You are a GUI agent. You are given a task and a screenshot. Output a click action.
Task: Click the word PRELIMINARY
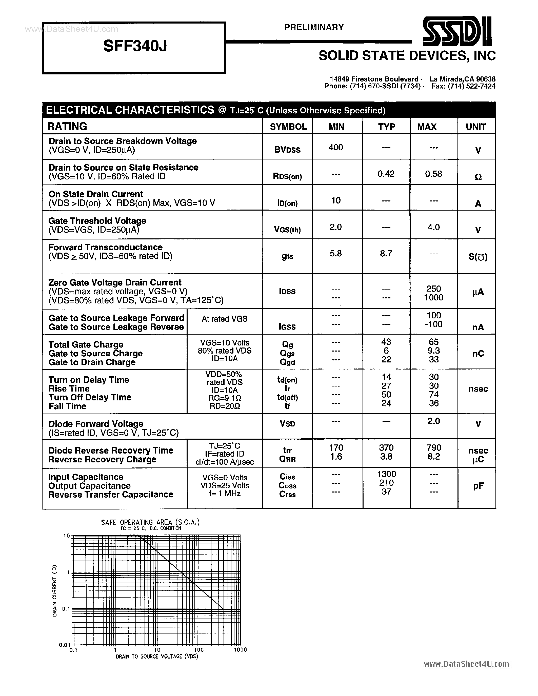(x=314, y=27)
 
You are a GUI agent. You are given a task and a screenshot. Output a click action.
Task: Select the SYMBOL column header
(x=288, y=127)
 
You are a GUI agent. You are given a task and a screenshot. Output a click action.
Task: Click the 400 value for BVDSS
(x=336, y=147)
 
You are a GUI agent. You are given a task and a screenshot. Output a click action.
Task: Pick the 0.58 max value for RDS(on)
(x=433, y=174)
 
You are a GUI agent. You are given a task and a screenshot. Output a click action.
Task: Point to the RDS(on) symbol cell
(x=287, y=176)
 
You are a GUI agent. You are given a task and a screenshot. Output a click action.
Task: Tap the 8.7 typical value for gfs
(x=386, y=253)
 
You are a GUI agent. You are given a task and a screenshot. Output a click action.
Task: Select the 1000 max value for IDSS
(x=433, y=298)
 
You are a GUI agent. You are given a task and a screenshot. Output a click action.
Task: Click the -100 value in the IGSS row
(x=433, y=324)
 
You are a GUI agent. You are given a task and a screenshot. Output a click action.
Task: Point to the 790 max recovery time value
(x=433, y=448)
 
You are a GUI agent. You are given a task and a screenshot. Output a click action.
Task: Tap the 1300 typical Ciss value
(x=386, y=474)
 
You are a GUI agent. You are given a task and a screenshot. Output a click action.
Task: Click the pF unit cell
(x=478, y=486)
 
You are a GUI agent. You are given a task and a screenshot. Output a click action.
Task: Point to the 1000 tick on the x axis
(x=240, y=650)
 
